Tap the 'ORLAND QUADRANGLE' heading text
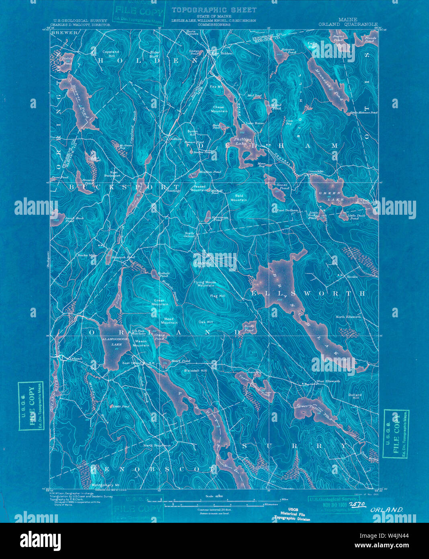pos(348,24)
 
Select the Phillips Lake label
pos(243,141)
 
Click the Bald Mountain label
pos(238,197)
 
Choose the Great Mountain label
pos(160,302)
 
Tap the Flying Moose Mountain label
pos(205,284)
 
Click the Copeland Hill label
pos(111,54)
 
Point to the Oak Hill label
pos(205,322)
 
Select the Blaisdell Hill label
pos(195,370)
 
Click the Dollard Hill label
pos(355,397)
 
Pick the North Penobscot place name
pos(157,446)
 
